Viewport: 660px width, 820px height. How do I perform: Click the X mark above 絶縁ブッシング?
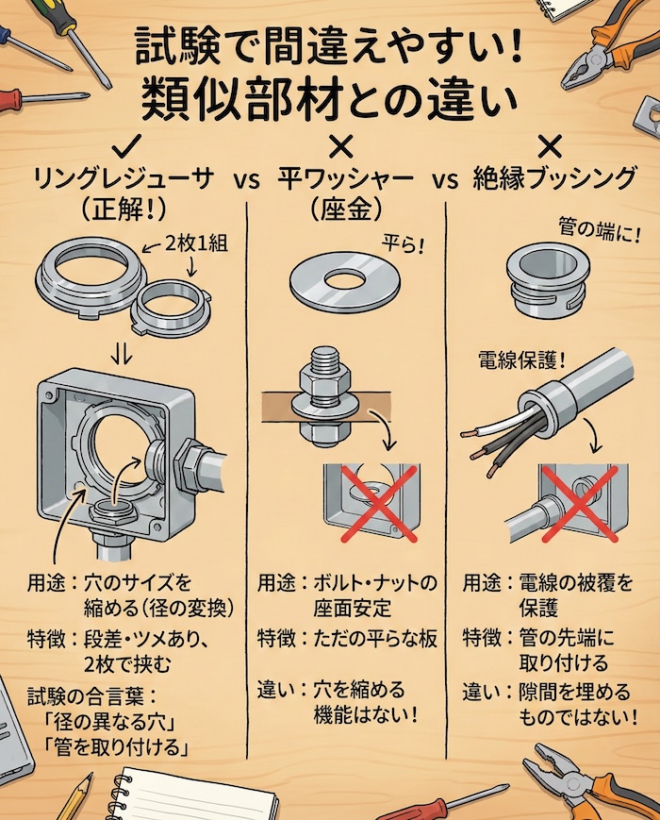(x=550, y=144)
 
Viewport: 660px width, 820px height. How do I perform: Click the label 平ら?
(x=403, y=244)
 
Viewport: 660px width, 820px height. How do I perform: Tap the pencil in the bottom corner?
(x=74, y=796)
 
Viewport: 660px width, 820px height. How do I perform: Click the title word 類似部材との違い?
(x=330, y=99)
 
